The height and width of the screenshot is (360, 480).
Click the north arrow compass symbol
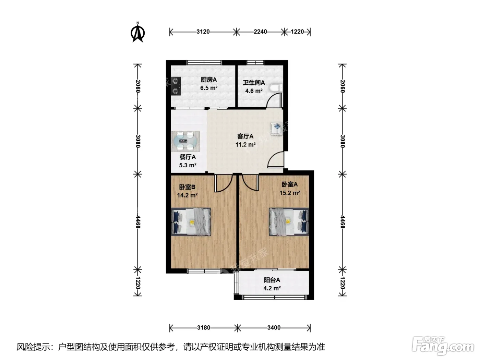pyautogui.click(x=137, y=32)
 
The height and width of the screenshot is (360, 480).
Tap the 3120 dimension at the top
pyautogui.click(x=203, y=32)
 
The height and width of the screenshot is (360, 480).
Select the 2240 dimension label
pyautogui.click(x=260, y=32)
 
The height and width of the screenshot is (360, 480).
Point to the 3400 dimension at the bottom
pyautogui.click(x=274, y=328)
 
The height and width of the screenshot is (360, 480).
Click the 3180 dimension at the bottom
pyautogui.click(x=204, y=328)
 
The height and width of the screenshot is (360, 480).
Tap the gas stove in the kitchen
pyautogui.click(x=176, y=86)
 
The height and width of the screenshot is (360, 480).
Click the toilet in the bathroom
pyautogui.click(x=276, y=88)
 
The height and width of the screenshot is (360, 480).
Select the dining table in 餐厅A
pyautogui.click(x=185, y=141)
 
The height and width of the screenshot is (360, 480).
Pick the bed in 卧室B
pyautogui.click(x=191, y=221)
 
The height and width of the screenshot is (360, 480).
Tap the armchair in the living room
pyautogui.click(x=277, y=129)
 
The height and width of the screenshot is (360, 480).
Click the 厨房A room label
pyautogui.click(x=209, y=80)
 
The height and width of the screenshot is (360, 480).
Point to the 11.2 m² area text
pyautogui.click(x=245, y=145)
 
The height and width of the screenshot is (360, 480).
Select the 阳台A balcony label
pyautogui.click(x=272, y=280)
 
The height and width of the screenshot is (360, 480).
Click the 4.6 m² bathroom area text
pyautogui.click(x=254, y=91)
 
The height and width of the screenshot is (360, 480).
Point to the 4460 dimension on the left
pyautogui.click(x=138, y=221)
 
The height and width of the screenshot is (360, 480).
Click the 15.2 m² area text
pyautogui.click(x=290, y=193)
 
